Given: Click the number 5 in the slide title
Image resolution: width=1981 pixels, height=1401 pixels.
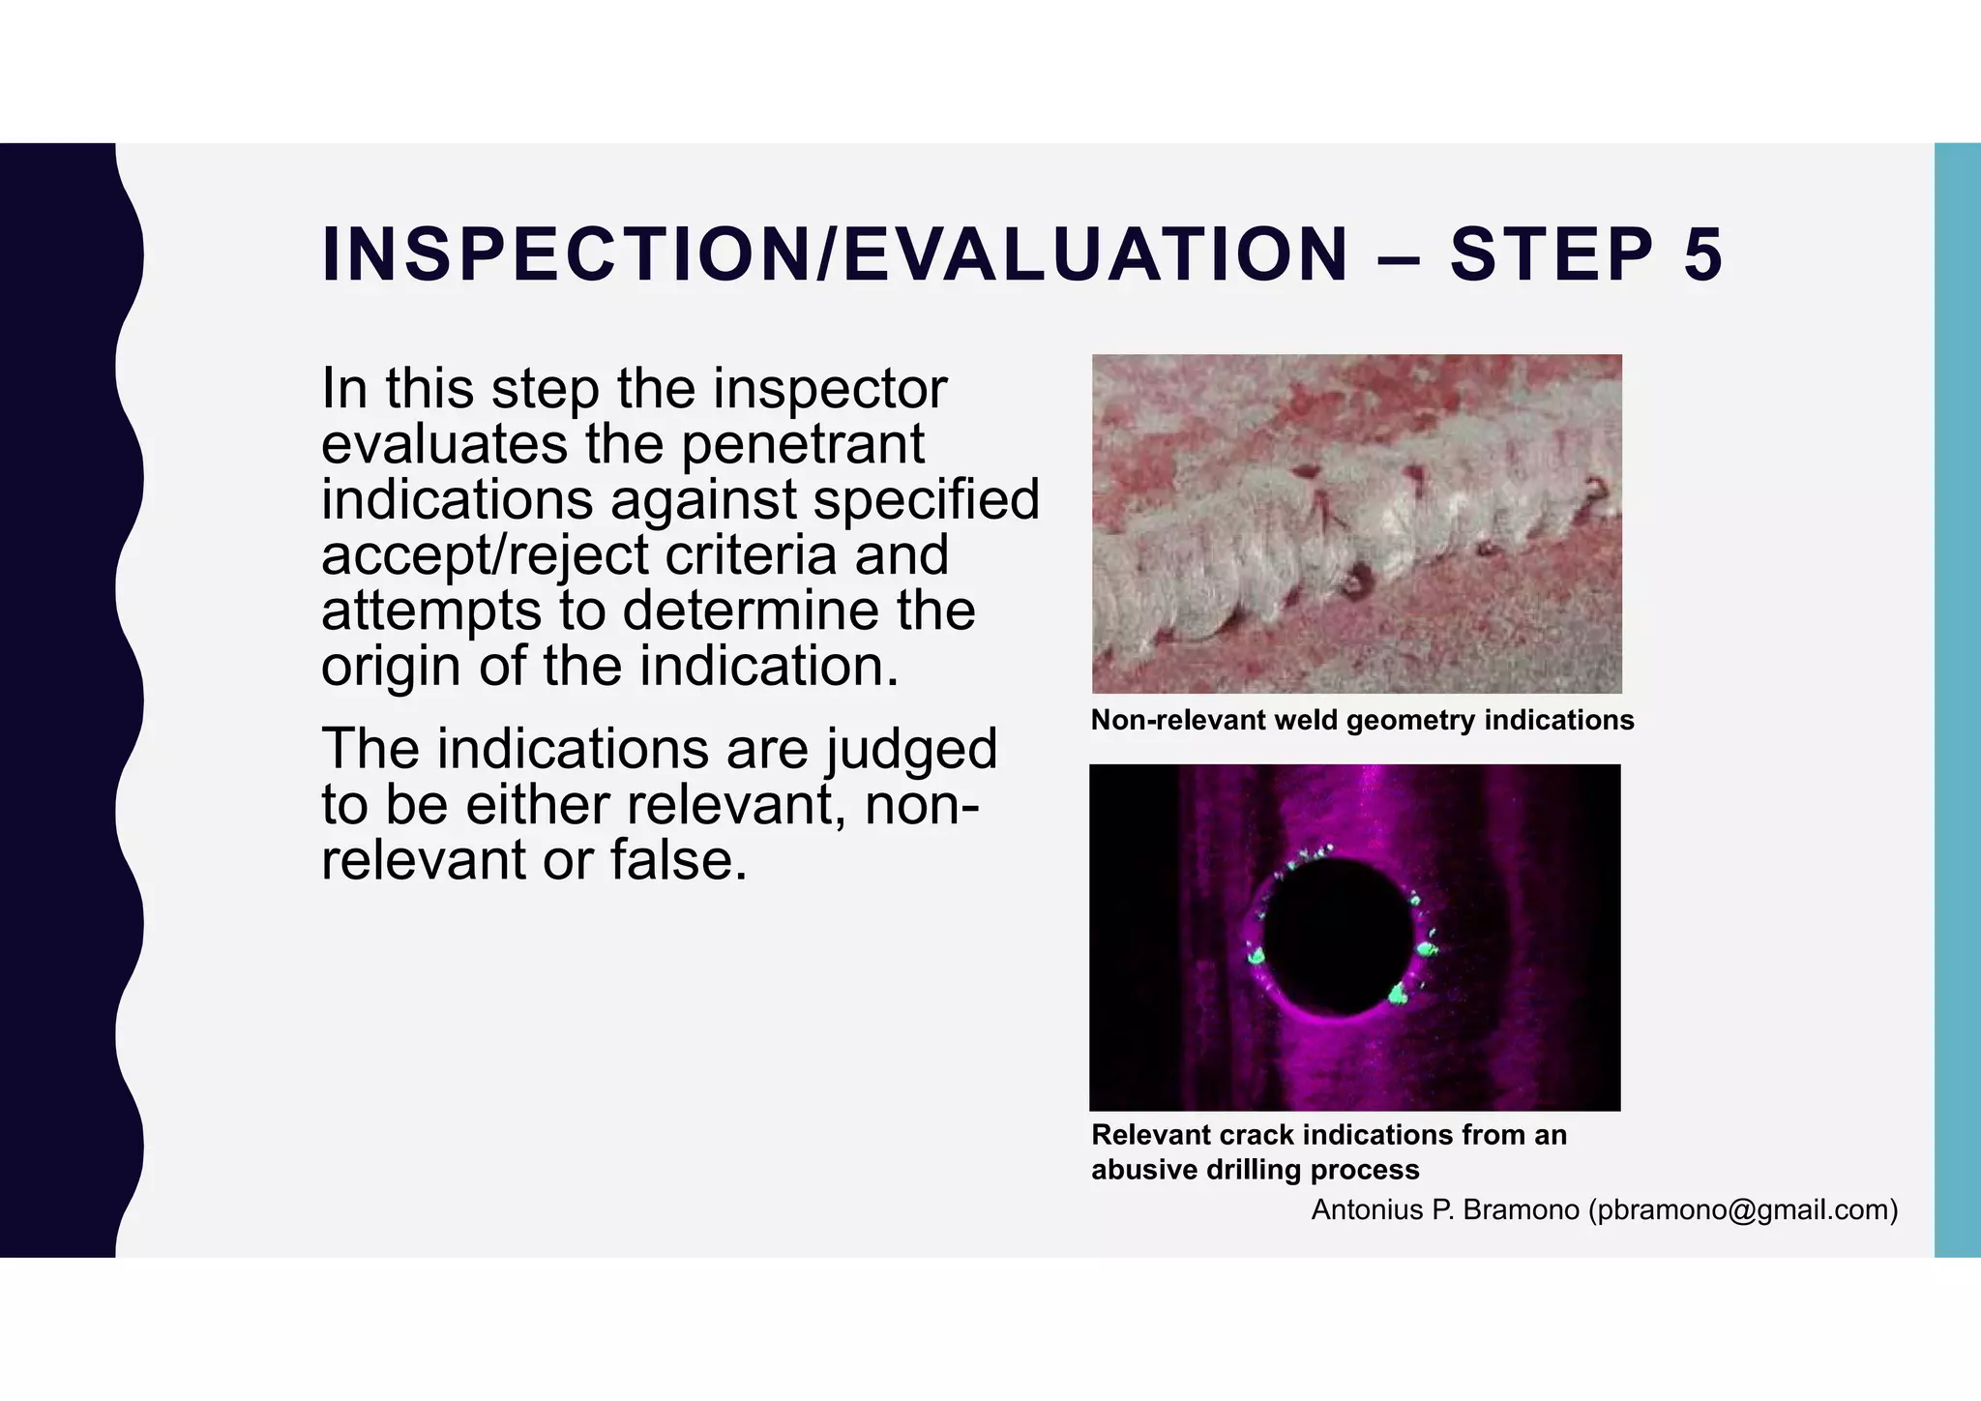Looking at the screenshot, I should [1702, 255].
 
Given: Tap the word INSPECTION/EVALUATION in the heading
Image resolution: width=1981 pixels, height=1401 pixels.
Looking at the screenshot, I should [835, 255].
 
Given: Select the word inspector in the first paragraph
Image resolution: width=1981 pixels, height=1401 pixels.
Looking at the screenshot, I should [830, 390].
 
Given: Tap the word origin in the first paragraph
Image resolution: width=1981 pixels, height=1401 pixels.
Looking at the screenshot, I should [391, 668].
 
